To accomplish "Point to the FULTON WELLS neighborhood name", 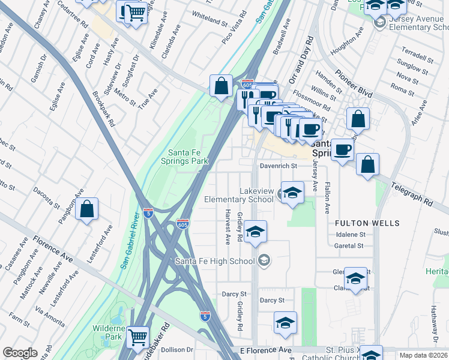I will (367, 223).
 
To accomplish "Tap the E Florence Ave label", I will (265, 350).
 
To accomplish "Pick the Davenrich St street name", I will (278, 166).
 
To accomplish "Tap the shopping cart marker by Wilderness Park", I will (138, 338).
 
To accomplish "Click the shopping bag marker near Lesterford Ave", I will (87, 209).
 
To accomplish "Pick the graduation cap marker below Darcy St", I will (285, 322).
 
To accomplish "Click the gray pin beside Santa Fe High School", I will (264, 260).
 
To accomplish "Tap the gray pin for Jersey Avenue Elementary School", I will (379, 23).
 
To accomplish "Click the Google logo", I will (20, 353).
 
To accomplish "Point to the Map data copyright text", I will (423, 355).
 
